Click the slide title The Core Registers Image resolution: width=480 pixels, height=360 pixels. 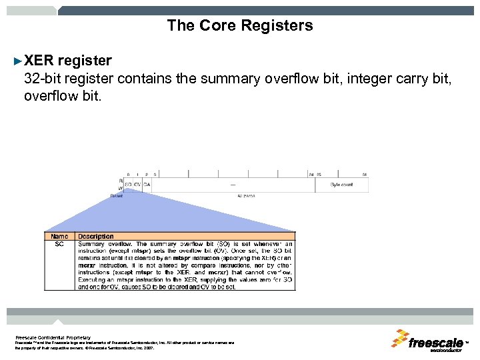pos(239,26)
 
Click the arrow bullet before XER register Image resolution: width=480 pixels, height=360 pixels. pos(18,61)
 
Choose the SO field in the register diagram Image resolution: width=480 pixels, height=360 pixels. pos(128,184)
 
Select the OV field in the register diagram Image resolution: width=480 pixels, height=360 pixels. pos(137,184)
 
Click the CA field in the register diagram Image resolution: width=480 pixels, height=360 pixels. pos(147,184)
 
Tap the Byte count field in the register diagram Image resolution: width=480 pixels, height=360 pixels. pos(342,184)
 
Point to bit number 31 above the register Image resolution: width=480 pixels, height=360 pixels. pos(365,174)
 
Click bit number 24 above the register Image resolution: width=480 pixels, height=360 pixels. pos(311,174)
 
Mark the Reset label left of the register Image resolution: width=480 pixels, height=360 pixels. pos(117,196)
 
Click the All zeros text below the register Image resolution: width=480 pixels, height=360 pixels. pos(246,196)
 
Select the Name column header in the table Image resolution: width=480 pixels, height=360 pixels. pos(59,236)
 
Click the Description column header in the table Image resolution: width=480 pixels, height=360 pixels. pos(96,236)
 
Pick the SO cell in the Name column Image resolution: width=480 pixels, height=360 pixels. pos(59,244)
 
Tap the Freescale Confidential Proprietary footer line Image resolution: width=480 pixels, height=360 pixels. pos(53,337)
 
